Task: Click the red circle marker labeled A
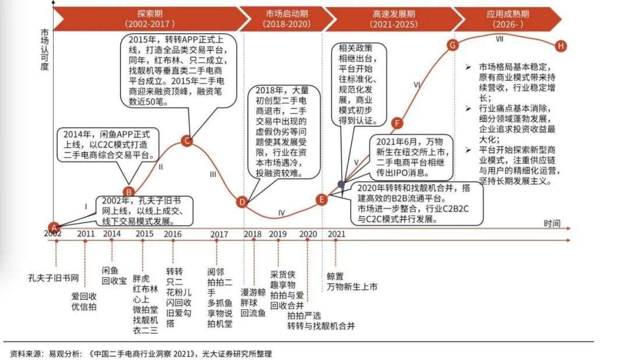54,227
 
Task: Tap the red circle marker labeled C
186,141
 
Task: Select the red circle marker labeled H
561,45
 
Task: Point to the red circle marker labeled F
397,123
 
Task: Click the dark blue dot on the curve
341,184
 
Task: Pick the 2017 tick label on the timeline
219,234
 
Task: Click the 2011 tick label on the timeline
85,234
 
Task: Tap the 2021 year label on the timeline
337,234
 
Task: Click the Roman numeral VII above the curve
499,40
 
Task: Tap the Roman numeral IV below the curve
281,213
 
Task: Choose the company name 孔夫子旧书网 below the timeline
53,276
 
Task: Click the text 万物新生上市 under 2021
352,287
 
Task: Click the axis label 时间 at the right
552,223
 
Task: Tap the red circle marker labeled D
242,202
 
